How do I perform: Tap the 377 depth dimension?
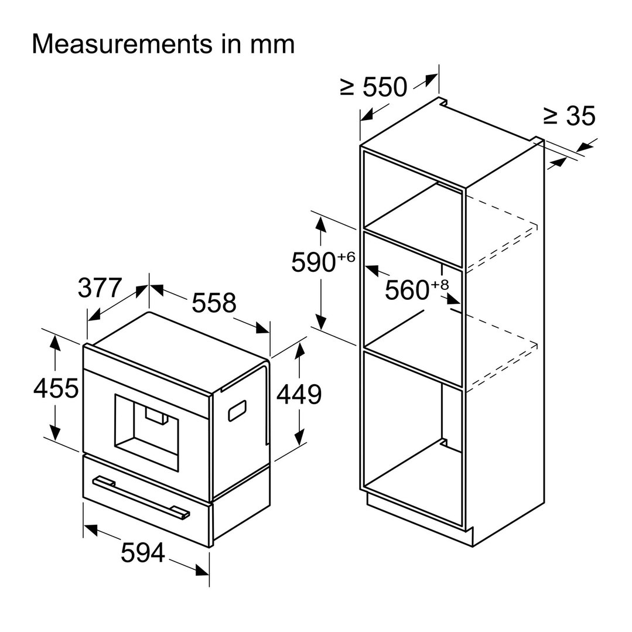pos(100,288)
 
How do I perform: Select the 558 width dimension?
pos(214,303)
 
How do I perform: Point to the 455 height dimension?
pos(56,388)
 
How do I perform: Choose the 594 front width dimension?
pos(143,552)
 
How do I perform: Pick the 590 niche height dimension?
pos(313,262)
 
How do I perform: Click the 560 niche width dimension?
pos(407,290)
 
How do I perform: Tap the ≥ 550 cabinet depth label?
pos(374,87)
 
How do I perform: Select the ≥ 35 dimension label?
pos(569,116)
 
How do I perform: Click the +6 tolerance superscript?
pos(346,257)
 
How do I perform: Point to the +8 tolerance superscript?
pos(439,285)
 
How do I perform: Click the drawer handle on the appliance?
pos(141,497)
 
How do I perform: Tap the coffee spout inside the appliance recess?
pos(156,415)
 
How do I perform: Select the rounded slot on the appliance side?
pos(237,411)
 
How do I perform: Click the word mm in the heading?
pos(272,45)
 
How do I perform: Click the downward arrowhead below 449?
pos(299,436)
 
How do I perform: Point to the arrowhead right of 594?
pos(202,570)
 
